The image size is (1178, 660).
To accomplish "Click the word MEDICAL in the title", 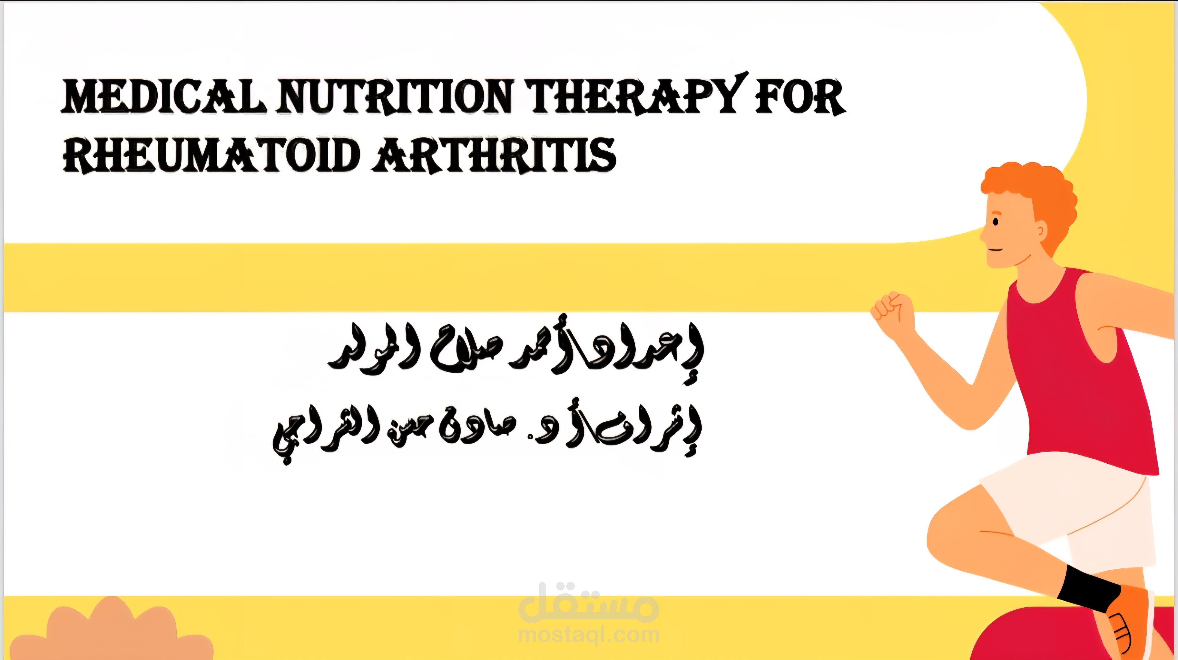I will [x=163, y=97].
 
